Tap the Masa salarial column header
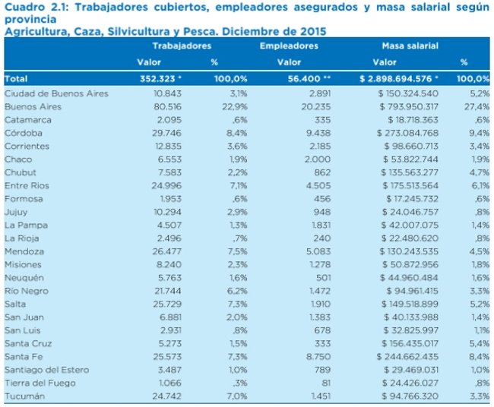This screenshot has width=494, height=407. [410, 46]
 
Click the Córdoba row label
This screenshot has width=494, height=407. [22, 134]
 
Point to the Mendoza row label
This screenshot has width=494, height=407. [24, 252]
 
